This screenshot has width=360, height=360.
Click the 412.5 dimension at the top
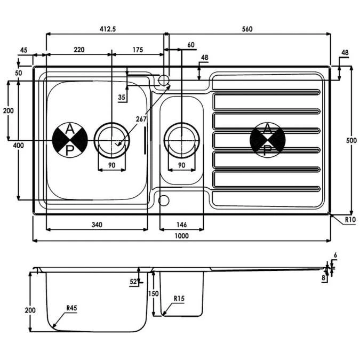coord(108,29)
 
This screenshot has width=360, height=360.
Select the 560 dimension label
coord(247,29)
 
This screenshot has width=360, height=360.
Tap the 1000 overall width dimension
coord(182,236)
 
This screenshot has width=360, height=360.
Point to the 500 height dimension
coord(351,140)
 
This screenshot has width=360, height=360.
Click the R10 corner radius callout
coord(350,220)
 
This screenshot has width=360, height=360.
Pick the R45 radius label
coord(71,308)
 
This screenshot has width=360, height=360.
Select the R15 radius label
coord(179,299)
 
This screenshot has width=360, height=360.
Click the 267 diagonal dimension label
coord(141,119)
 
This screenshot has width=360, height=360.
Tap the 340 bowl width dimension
coord(97,225)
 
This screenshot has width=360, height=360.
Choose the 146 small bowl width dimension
coord(182,225)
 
